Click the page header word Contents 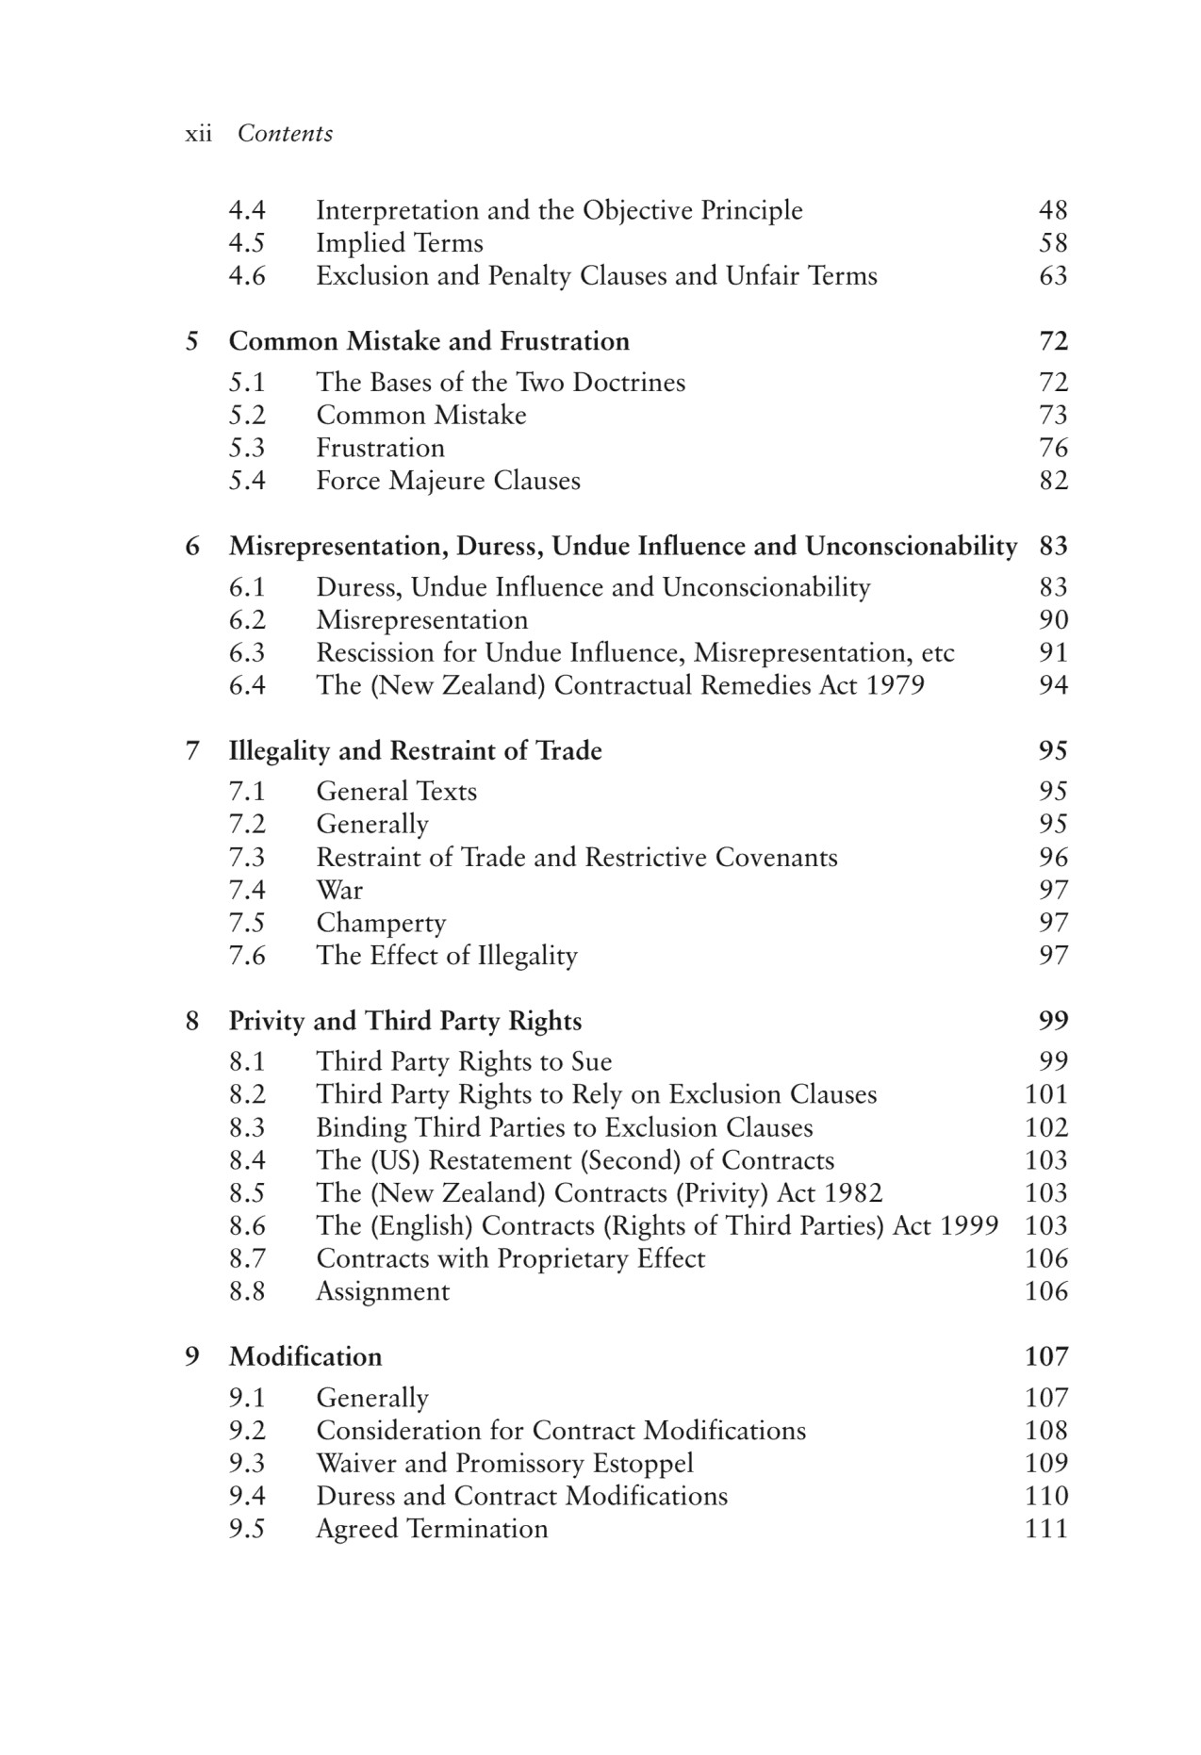pyautogui.click(x=285, y=134)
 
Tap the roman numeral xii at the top pyautogui.click(x=198, y=134)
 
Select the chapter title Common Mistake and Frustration pyautogui.click(x=429, y=341)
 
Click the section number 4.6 pyautogui.click(x=247, y=276)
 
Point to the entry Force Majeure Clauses pyautogui.click(x=448, y=481)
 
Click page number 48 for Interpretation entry pyautogui.click(x=1053, y=210)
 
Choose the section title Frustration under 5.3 pyautogui.click(x=380, y=448)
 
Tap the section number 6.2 pyautogui.click(x=247, y=620)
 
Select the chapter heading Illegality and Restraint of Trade pyautogui.click(x=415, y=751)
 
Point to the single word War pyautogui.click(x=339, y=890)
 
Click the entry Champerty pyautogui.click(x=381, y=923)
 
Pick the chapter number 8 pyautogui.click(x=192, y=1022)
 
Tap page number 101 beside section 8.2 pyautogui.click(x=1046, y=1094)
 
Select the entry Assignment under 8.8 pyautogui.click(x=383, y=1291)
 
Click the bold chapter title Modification pyautogui.click(x=305, y=1357)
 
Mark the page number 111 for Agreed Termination pyautogui.click(x=1046, y=1529)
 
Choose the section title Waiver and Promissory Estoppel pyautogui.click(x=504, y=1464)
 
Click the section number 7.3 pyautogui.click(x=247, y=858)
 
